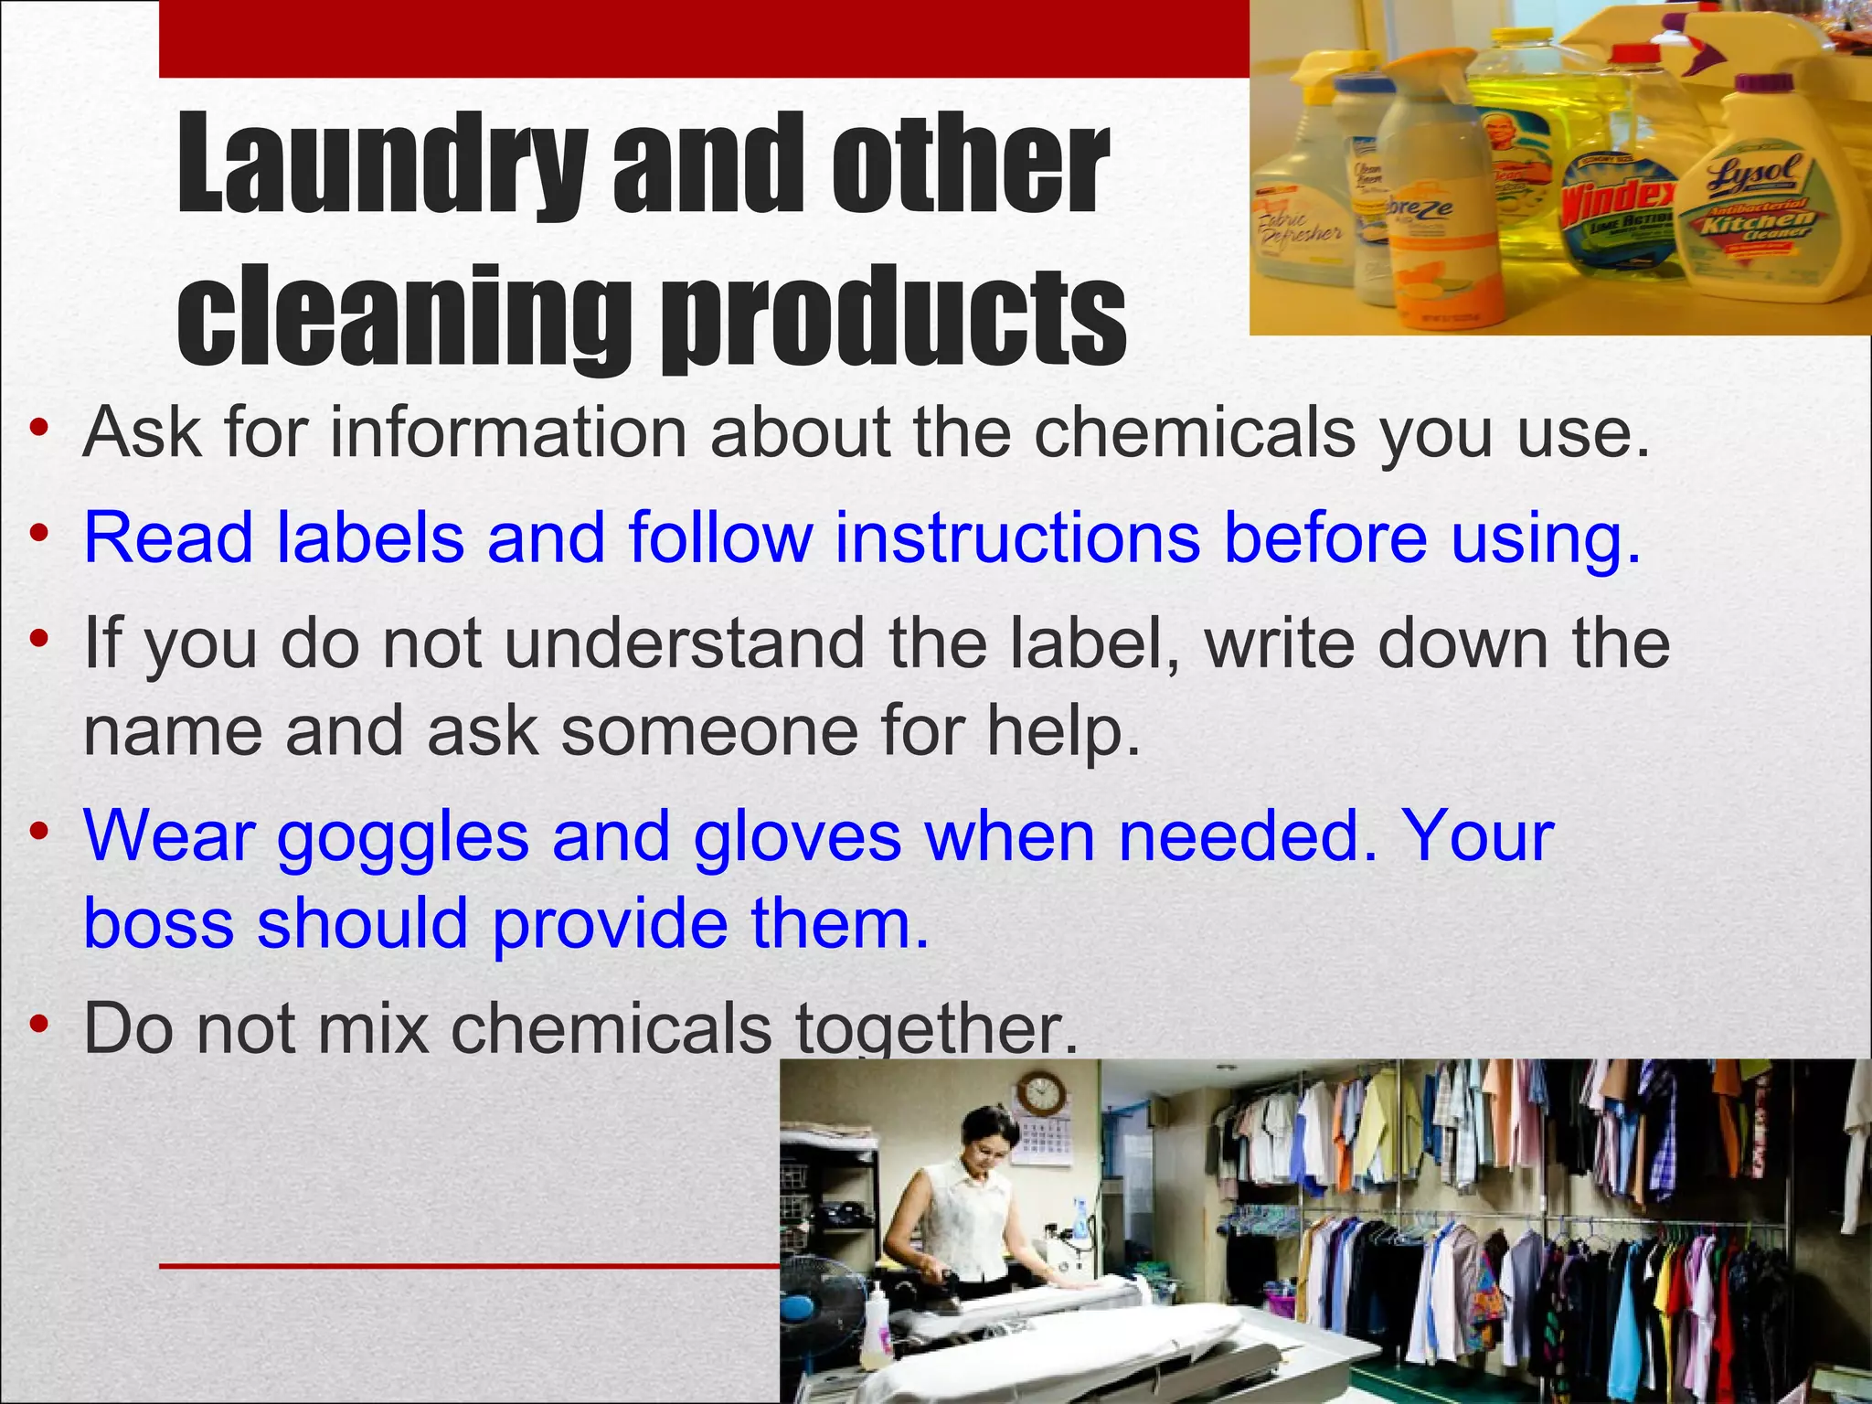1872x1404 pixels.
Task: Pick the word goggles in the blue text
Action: coord(403,839)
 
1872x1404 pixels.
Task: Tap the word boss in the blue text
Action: coord(159,923)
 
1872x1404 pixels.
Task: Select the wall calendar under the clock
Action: coord(1041,1143)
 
